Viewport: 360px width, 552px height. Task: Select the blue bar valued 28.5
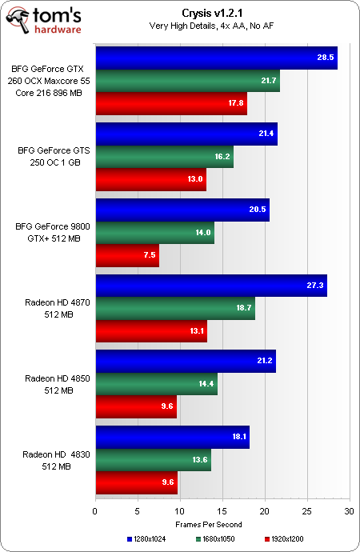[216, 58]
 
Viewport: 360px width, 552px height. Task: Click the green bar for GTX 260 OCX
[187, 81]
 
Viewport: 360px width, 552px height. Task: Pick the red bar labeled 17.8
[170, 103]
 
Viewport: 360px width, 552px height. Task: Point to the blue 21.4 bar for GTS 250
[186, 134]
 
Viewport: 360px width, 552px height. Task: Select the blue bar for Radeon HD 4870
[210, 286]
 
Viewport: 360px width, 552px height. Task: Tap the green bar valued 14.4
[156, 384]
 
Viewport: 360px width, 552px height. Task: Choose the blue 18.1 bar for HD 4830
[172, 438]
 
